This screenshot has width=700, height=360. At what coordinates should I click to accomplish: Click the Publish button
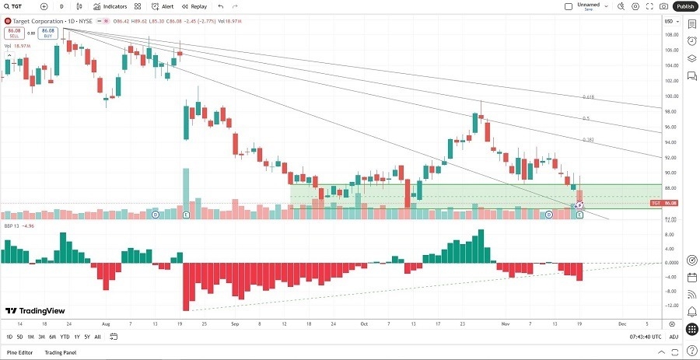coord(684,6)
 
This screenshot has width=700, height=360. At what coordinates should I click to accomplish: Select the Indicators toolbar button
coord(110,6)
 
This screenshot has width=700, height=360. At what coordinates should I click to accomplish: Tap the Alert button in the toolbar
coord(163,6)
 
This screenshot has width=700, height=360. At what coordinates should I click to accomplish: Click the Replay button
coord(194,6)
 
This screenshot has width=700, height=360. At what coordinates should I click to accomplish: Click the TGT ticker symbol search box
coord(21,6)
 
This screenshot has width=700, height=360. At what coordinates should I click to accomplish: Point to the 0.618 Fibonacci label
coord(588,97)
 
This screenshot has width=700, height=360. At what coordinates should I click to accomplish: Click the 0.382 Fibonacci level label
coord(588,140)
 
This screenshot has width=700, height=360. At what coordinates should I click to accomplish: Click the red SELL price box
coord(14,33)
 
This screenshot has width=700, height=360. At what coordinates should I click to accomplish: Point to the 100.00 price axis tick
coord(670,96)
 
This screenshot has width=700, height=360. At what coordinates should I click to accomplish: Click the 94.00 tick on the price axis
coord(670,142)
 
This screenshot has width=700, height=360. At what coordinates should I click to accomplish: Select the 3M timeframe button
coord(42,337)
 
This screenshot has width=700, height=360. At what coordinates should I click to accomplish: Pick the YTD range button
coord(65,337)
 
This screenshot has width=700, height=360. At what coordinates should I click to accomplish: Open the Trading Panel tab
coord(60,352)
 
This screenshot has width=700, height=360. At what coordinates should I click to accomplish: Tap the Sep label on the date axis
coord(234,323)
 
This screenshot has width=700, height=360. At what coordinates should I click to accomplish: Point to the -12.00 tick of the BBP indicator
coord(670,305)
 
